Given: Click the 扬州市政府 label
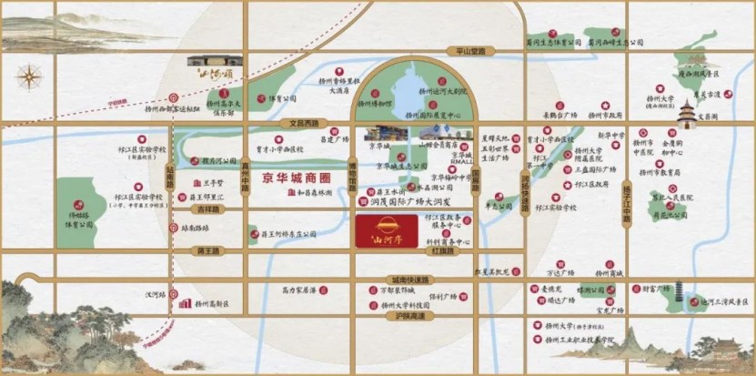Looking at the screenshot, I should coord(605,116).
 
